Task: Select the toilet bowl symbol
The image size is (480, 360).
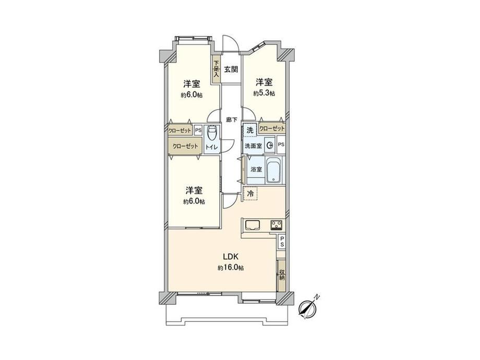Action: tap(212, 132)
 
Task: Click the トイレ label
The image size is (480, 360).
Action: tap(212, 147)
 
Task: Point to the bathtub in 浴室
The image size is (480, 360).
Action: tap(274, 170)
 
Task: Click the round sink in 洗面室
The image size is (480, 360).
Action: tap(270, 146)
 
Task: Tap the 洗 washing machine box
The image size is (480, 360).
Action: tap(250, 130)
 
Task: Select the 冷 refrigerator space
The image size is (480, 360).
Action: tap(250, 194)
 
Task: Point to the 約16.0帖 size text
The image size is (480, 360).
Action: tap(231, 268)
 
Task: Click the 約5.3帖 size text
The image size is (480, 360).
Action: tap(264, 93)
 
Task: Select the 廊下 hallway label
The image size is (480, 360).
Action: tap(231, 120)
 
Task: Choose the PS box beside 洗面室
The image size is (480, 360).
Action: tap(281, 145)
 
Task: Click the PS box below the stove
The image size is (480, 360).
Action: tap(282, 241)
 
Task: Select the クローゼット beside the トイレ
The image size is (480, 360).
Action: tap(185, 146)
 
